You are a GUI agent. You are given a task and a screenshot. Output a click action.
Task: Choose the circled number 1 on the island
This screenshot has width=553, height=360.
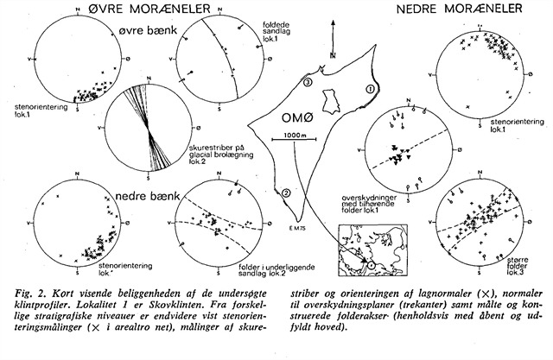[370, 87]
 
